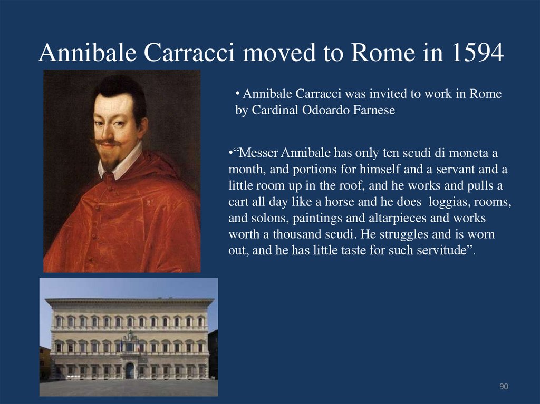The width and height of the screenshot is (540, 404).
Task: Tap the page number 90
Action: coord(504,387)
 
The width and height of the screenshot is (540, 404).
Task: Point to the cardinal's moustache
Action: coord(108,142)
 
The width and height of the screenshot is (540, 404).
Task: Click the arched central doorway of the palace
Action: coord(130,370)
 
